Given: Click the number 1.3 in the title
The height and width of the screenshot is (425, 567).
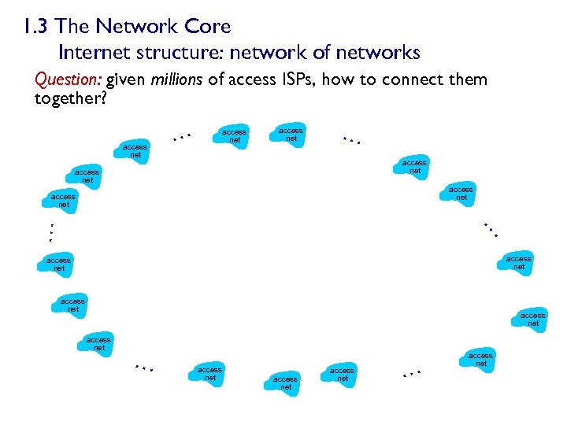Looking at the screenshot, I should (36, 27).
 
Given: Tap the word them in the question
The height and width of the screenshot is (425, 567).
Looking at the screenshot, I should (470, 80).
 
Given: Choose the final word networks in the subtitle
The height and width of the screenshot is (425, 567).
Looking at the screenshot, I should (377, 53).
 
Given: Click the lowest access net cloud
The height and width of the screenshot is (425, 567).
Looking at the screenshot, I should (285, 383).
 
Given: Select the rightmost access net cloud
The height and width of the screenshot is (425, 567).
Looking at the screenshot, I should (532, 319).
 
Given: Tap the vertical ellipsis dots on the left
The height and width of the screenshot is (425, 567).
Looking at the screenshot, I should (50, 232).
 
